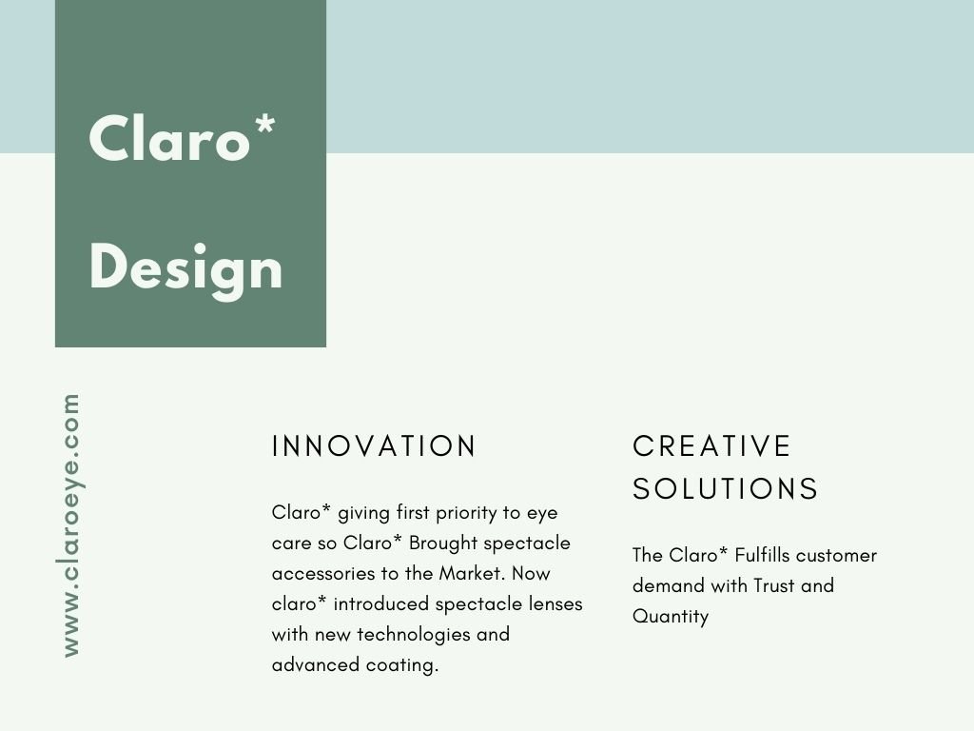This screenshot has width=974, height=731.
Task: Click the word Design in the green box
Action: pos(185,270)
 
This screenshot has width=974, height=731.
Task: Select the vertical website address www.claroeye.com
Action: pos(71,525)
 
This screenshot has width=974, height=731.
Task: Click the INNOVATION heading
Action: pos(374,446)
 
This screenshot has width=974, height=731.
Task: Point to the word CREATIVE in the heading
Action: pos(711,446)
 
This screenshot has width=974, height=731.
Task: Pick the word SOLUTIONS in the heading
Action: pos(726,488)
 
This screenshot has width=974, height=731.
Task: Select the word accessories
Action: pos(327,574)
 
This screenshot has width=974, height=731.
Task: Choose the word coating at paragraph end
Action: pos(402,665)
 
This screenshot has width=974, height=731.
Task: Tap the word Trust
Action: pos(774,585)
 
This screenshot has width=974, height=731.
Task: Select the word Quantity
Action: pos(671,617)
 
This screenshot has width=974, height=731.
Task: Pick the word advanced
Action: pos(316,664)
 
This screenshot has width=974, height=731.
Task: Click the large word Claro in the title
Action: pos(169,138)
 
